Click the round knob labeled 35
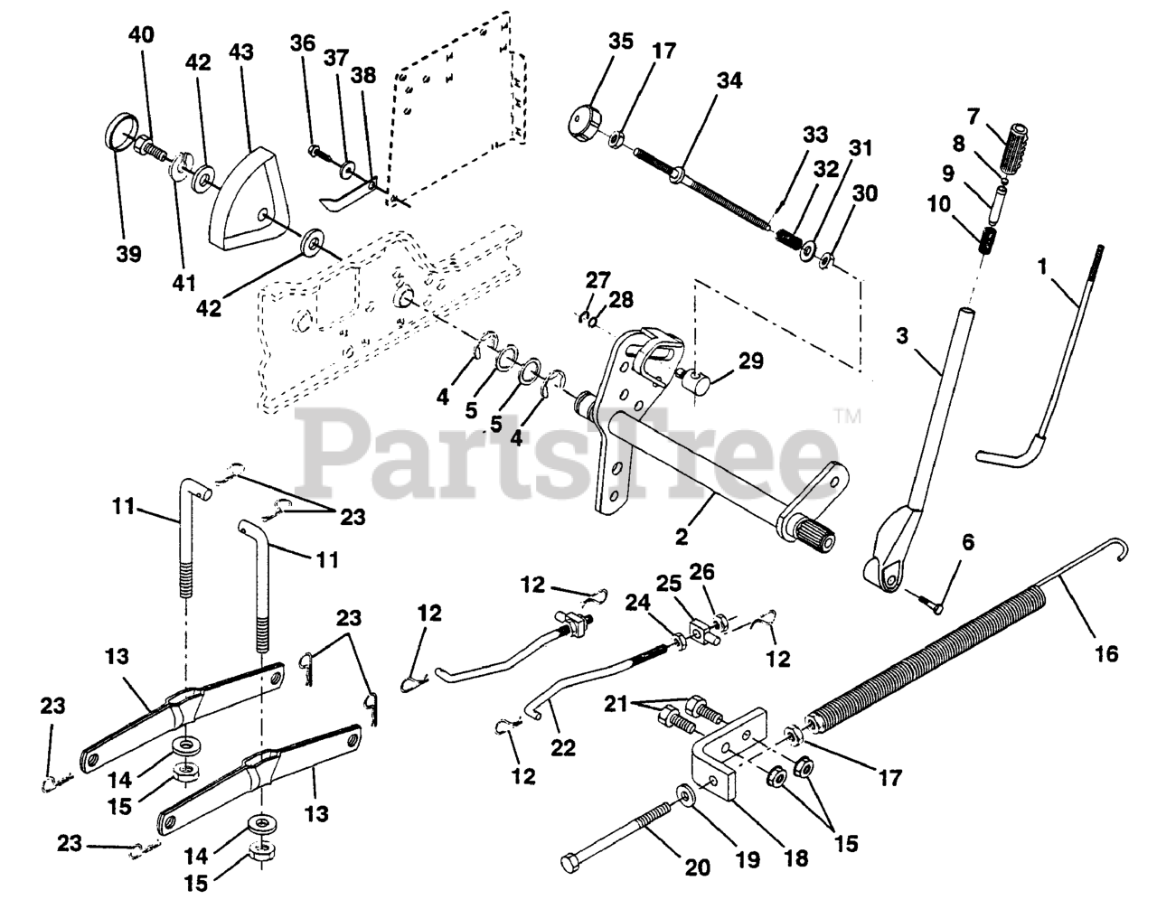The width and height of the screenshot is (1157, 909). click(585, 119)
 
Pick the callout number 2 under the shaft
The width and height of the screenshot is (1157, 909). click(682, 536)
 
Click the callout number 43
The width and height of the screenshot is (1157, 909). click(241, 53)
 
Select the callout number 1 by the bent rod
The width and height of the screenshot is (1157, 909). click(1043, 267)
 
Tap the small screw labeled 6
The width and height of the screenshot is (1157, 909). click(929, 604)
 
